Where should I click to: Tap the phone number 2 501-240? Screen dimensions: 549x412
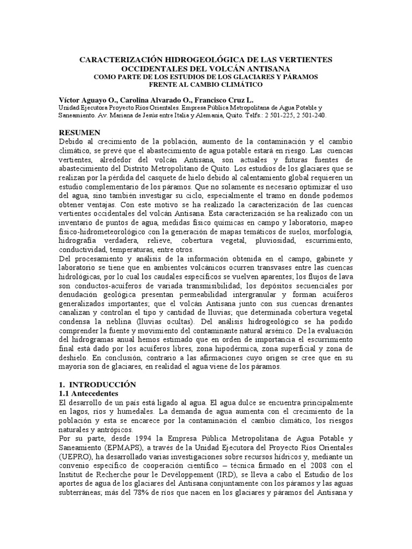point(311,115)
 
